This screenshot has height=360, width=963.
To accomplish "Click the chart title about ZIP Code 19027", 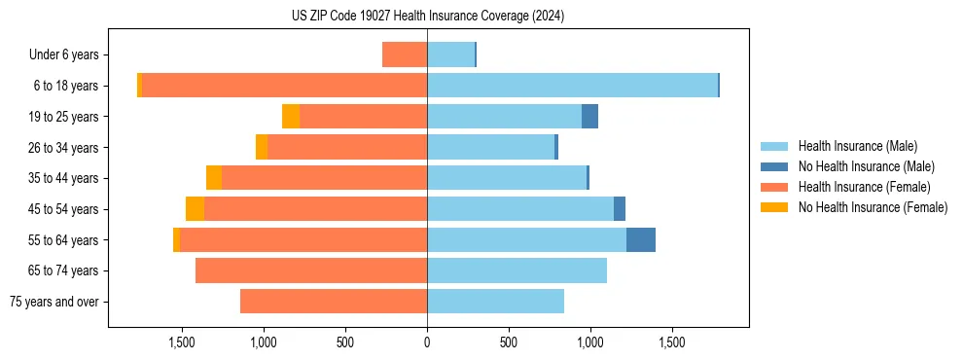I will tap(427, 17).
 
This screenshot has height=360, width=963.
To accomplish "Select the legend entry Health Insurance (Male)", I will tap(857, 146).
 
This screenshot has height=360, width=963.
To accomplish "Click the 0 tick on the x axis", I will tap(427, 342).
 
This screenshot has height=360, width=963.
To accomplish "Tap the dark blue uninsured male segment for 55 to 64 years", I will tap(641, 239).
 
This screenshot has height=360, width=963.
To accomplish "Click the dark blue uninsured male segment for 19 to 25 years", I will tap(589, 117).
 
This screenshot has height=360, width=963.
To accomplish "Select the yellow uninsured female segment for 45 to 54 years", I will tap(195, 209).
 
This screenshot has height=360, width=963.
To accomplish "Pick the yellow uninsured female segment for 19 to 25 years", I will tap(291, 117).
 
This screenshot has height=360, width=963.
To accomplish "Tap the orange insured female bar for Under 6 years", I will tap(405, 55).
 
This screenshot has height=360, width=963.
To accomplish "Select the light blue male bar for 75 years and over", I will tap(495, 302).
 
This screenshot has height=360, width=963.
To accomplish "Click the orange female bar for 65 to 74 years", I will tap(311, 270).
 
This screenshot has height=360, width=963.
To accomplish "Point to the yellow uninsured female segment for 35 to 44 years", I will tap(214, 178).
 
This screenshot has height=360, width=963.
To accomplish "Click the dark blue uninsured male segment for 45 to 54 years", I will tap(620, 209).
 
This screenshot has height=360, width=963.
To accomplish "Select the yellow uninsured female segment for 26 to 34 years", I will tap(262, 147).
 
